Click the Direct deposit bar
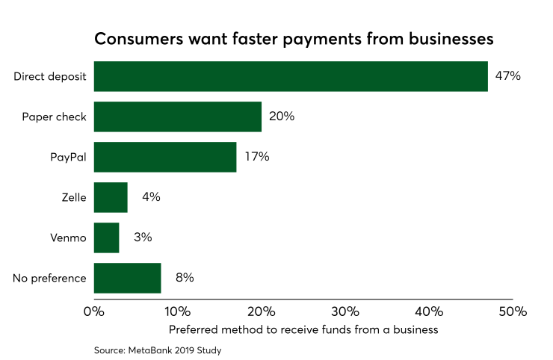tap(291, 76)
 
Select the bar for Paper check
tap(178, 117)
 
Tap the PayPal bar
tap(165, 157)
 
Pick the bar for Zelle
tap(111, 197)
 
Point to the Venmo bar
tap(107, 238)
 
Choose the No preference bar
tap(127, 278)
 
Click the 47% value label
tap(507, 76)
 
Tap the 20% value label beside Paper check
tap(282, 117)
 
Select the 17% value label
tap(256, 157)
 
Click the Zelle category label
tap(73, 198)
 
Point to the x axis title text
tap(303, 329)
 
